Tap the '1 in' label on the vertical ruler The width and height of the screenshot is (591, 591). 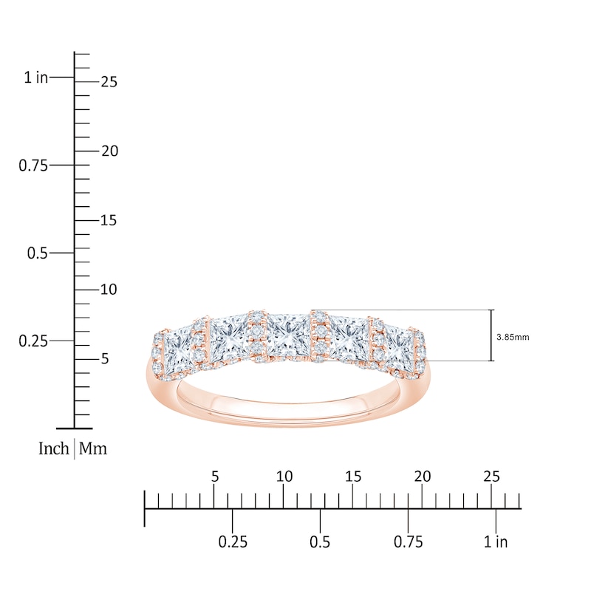tap(35, 77)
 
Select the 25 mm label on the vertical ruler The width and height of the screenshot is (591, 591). tap(109, 82)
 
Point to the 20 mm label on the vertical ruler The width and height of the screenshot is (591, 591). tap(109, 151)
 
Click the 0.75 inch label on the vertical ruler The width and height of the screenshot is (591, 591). tap(33, 165)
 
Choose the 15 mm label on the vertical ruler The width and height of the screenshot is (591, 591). tap(109, 220)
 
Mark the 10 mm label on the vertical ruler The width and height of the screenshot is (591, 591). tap(109, 290)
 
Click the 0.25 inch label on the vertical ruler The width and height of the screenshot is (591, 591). tap(33, 341)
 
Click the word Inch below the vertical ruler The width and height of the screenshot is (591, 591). tap(54, 448)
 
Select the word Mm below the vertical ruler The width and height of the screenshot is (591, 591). tap(93, 448)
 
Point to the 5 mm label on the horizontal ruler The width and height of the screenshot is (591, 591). tap(215, 476)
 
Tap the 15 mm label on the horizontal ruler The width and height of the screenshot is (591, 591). tap(353, 476)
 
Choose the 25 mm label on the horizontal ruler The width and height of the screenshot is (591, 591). tap(491, 476)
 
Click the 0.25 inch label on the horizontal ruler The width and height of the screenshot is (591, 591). tap(233, 542)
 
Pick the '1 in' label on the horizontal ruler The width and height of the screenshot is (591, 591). tap(496, 542)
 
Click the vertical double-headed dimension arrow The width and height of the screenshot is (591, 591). tap(491, 335)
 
